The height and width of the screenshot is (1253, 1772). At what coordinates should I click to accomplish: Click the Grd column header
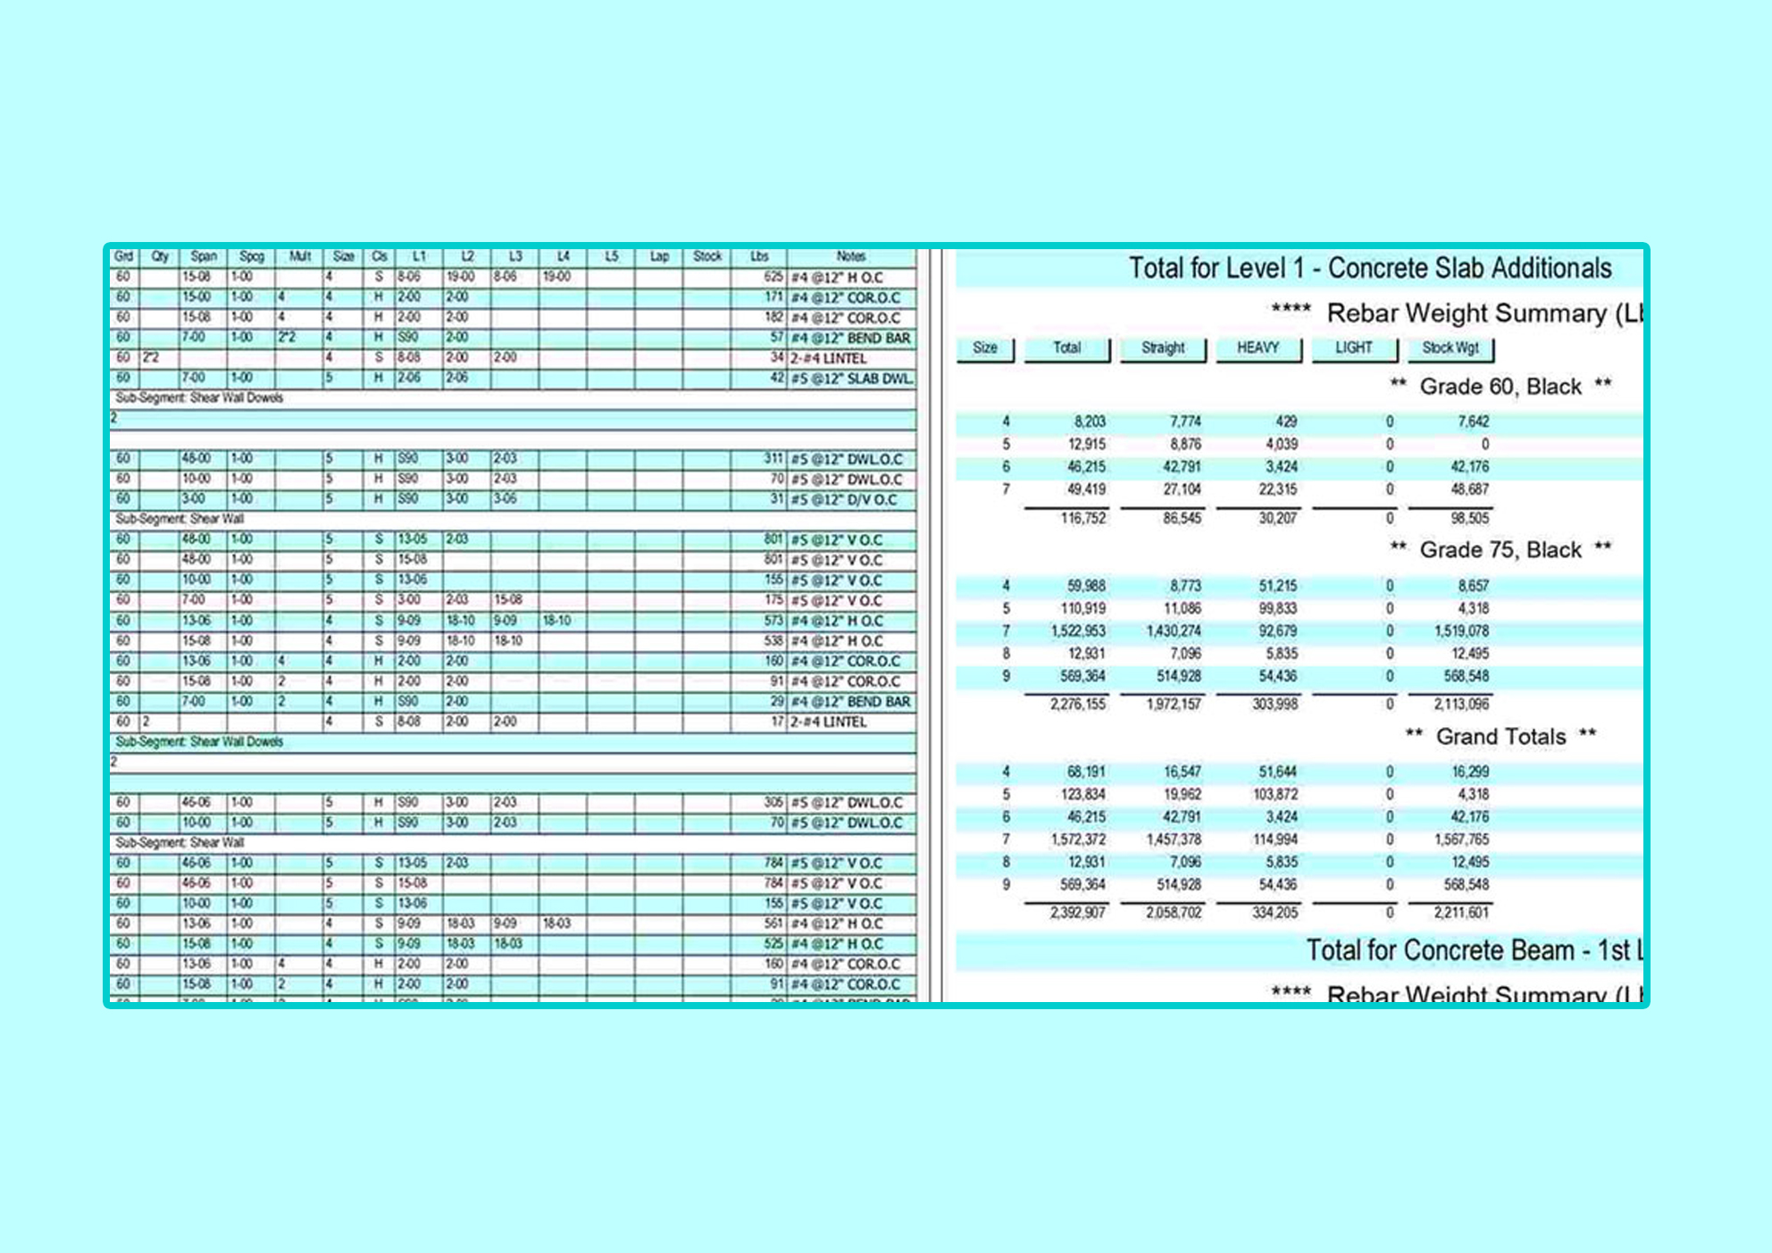pos(123,256)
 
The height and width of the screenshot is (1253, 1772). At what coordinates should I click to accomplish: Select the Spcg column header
pos(251,256)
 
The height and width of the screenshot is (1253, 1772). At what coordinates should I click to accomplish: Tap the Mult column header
pos(299,256)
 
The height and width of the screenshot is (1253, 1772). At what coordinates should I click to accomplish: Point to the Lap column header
pos(659,256)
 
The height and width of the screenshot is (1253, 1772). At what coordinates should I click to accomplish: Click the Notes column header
pos(850,256)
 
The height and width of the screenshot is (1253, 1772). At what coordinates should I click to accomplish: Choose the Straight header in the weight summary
pos(1163,347)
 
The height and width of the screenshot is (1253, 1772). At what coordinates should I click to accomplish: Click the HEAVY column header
pos(1258,347)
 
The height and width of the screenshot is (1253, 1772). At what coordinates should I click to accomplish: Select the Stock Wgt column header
pos(1450,347)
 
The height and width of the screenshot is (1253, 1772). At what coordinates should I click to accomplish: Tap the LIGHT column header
pos(1353,347)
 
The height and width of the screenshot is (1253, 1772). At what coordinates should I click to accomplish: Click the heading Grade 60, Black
pos(1500,387)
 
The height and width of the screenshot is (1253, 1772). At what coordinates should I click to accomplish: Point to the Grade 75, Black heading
pos(1500,550)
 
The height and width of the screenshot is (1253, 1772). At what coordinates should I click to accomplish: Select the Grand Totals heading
pos(1500,737)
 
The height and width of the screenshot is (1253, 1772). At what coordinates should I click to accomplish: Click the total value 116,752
pos(1082,518)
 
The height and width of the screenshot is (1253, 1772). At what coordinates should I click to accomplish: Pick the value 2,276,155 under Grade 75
pos(1077,704)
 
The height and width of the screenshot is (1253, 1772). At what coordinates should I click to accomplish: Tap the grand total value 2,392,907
pos(1077,913)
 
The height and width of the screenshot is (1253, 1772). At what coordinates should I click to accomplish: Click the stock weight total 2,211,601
pos(1461,913)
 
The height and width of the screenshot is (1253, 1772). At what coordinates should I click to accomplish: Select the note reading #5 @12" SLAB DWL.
pos(852,379)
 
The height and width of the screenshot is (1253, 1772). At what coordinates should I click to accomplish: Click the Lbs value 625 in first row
pos(773,277)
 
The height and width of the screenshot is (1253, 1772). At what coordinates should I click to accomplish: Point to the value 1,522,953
pos(1077,631)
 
